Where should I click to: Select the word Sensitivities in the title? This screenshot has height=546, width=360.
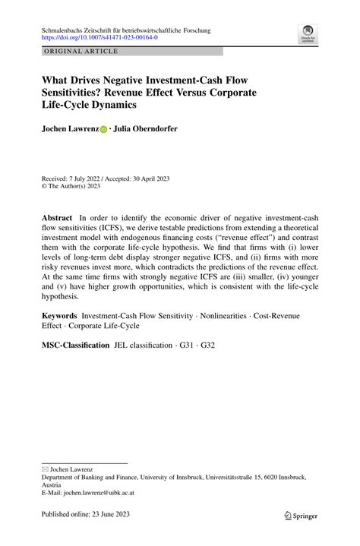[x=77, y=92]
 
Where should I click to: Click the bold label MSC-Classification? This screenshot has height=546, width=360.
[x=76, y=345]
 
